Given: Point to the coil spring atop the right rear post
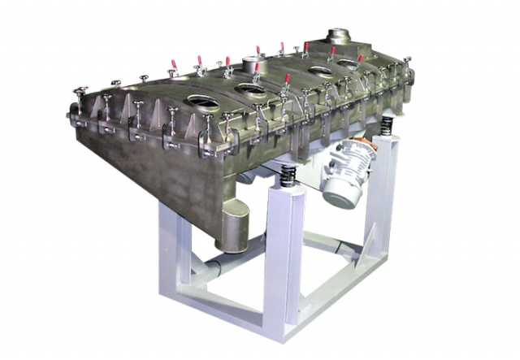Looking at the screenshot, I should tap(388, 125).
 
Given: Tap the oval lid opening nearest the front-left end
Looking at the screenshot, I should tap(198, 102).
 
